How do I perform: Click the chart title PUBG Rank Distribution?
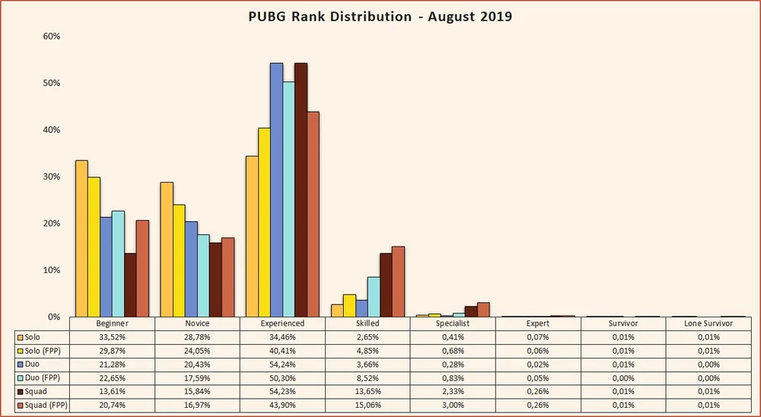[380, 16]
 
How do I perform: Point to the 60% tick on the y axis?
[49, 37]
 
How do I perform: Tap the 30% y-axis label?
[49, 177]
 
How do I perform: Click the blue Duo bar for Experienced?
[276, 189]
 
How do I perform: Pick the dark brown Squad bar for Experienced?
[301, 189]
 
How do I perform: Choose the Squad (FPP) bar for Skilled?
[398, 282]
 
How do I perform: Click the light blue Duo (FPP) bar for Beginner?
[118, 263]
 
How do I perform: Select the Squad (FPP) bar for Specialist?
[483, 309]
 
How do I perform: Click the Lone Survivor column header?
[708, 323]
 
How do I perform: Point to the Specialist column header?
[453, 323]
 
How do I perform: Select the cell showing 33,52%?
[112, 336]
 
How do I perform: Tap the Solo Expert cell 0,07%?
[538, 336]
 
